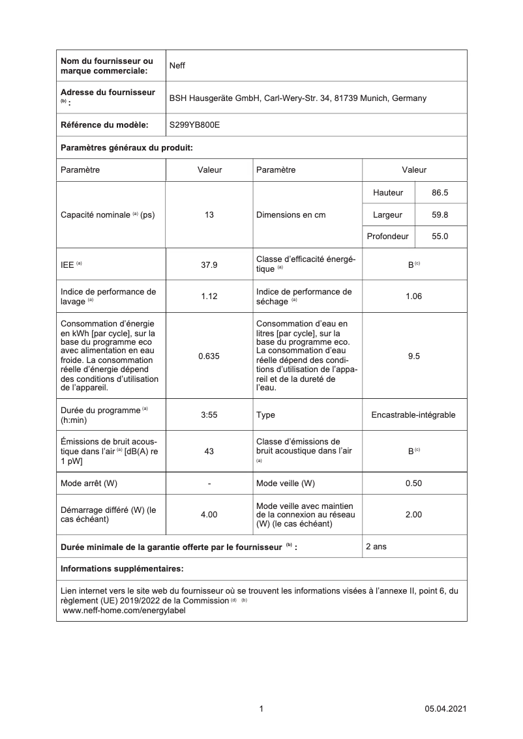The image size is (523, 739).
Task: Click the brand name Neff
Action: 177,65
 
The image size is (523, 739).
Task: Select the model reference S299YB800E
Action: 194,124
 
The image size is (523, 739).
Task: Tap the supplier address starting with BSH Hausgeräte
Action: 297,98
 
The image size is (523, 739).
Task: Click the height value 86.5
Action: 440,193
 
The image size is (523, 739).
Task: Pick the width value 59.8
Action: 440,214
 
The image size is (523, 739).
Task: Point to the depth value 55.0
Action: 440,237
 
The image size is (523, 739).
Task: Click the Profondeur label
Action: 387,237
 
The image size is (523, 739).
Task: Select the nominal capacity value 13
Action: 209,214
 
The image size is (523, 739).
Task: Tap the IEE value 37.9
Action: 209,265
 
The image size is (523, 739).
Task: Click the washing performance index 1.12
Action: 209,296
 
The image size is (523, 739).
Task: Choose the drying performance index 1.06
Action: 413,296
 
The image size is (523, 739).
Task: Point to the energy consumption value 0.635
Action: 209,356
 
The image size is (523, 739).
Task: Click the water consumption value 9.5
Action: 413,356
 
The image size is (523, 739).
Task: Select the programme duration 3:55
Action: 209,414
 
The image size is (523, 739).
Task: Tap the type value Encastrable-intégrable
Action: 413,414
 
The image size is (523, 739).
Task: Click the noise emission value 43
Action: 209,451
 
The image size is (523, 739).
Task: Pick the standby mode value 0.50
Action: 413,483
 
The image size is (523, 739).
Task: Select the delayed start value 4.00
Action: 209,514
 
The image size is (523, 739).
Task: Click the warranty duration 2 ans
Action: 376,547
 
